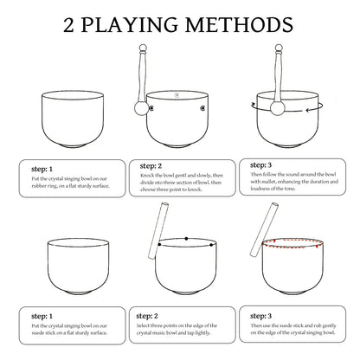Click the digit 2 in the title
pos(68,25)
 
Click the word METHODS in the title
pos(239,25)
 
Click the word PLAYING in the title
pos(130,25)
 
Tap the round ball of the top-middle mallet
pos(141,108)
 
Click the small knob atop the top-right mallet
pos(279,48)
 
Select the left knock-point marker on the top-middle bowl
pos(151,108)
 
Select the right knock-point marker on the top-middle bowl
pos(202,108)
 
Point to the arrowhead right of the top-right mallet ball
pos(308,110)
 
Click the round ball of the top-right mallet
pos(278,108)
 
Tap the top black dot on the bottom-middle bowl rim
pos(187,239)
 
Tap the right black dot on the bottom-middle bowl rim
pos(211,245)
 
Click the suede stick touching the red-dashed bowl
pos(264,229)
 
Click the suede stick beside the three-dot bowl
pos(158,230)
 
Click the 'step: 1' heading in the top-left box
pos(42,169)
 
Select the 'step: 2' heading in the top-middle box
pos(151,166)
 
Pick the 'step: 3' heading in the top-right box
pos(261,165)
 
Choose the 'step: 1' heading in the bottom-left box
pos(42,316)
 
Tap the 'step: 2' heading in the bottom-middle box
pos(147,316)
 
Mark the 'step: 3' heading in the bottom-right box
pos(261,316)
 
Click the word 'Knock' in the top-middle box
pos(146,176)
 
